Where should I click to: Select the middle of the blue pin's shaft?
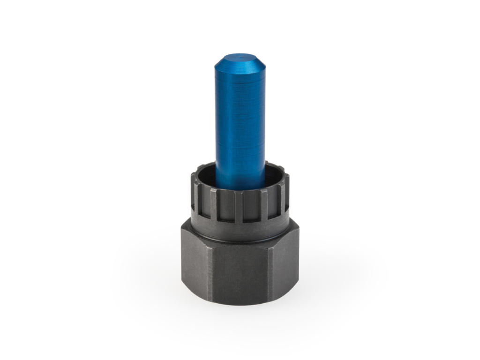(x=240, y=122)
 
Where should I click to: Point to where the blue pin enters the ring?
(x=240, y=187)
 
